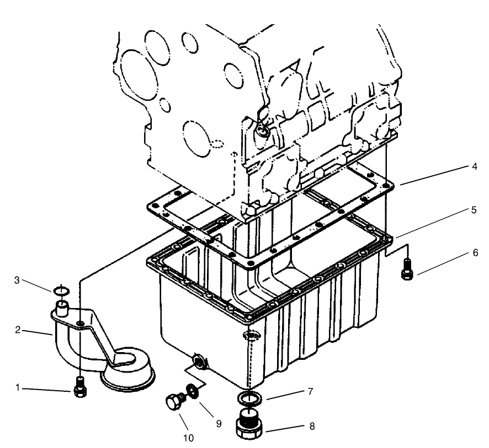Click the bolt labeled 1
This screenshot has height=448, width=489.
[x=81, y=387]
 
